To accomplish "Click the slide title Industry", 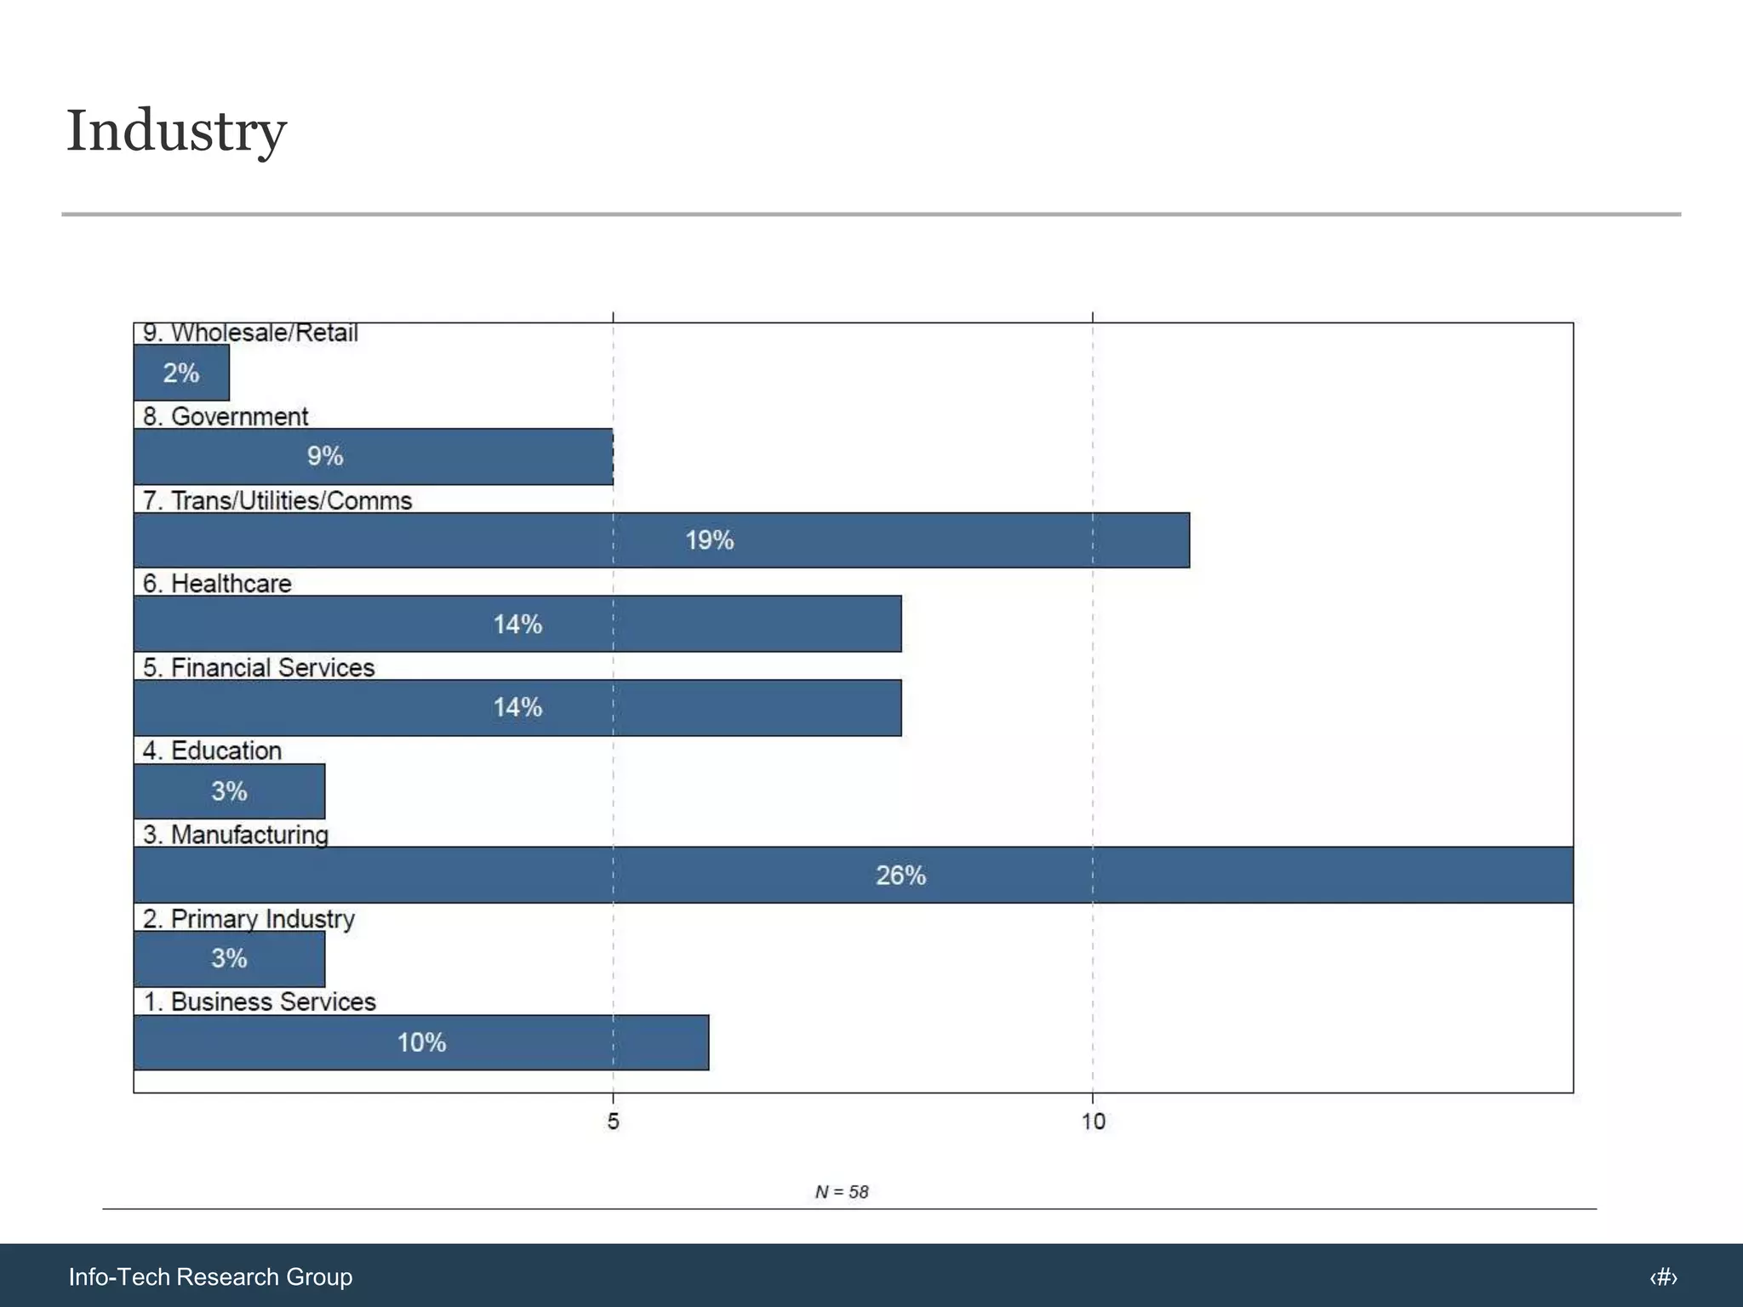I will [177, 132].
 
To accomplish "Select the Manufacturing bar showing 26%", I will [853, 875].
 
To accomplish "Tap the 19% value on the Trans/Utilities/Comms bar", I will [709, 540].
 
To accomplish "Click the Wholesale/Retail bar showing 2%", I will [181, 373].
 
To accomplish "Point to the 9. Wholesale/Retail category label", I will [250, 333].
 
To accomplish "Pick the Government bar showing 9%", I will [373, 456].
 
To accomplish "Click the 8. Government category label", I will [226, 416].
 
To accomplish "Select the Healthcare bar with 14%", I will [517, 624].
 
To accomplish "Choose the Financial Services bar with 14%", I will [517, 707].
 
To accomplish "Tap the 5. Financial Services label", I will [259, 667].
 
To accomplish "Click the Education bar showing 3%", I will [229, 791].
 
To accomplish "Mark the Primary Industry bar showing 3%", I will [229, 958].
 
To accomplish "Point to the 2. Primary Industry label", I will [249, 919].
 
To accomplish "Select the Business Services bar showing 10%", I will [421, 1042].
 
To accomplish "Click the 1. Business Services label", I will [260, 1002].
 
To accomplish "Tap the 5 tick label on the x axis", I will [613, 1122].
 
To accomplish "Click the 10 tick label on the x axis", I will [1093, 1122].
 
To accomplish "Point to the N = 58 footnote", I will [842, 1192].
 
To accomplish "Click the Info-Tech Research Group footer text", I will [210, 1276].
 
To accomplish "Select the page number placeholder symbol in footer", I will [1663, 1277].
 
